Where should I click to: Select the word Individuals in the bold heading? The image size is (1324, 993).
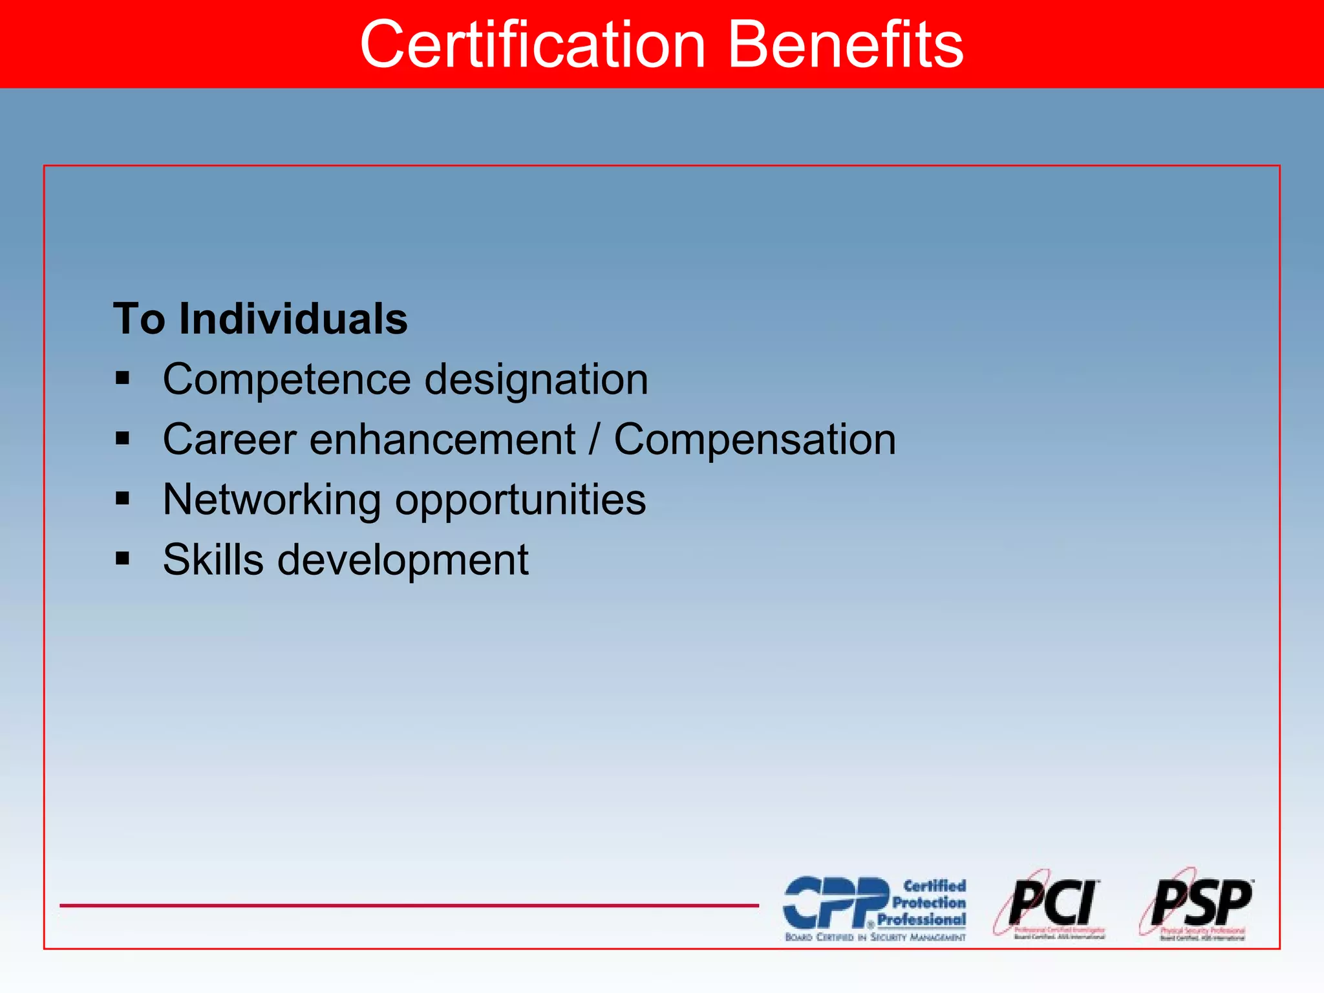293,319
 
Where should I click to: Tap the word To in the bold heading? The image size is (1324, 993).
139,319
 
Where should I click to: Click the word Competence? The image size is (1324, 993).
286,379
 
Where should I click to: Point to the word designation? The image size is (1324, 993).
536,379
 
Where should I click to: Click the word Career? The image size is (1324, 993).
230,440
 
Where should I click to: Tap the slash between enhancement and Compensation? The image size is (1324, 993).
594,440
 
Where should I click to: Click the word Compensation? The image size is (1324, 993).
754,440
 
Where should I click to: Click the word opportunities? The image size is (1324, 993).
520,500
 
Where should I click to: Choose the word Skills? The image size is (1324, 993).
213,559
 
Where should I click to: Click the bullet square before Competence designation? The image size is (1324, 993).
122,378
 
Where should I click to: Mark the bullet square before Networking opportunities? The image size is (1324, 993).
122,498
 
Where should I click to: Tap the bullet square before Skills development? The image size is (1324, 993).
122,558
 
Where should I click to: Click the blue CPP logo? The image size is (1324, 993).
874,907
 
